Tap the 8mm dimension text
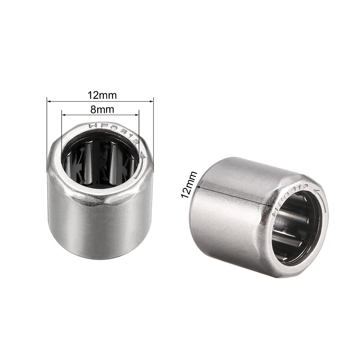[102, 110]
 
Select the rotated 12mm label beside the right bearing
[189, 185]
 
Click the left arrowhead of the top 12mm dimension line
[49, 101]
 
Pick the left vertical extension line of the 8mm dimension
[62, 131]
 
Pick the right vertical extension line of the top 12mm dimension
[153, 131]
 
